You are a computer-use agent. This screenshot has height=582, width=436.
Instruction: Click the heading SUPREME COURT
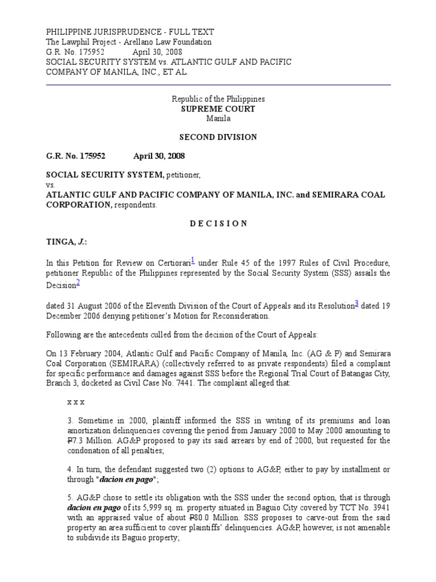[218, 109]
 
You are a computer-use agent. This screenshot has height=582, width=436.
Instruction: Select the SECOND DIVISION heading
[218, 137]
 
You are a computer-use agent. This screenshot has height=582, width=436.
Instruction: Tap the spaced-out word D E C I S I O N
[218, 223]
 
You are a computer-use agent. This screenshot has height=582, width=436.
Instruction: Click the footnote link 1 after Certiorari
[193, 260]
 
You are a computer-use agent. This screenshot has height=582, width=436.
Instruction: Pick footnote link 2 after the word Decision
[78, 283]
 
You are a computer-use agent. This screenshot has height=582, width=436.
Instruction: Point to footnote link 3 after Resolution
[356, 305]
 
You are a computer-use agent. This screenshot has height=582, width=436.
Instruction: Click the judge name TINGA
[60, 242]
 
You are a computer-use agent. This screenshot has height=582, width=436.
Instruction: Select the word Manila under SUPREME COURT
[218, 118]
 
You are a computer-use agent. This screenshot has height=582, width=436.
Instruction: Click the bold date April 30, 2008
[158, 156]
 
